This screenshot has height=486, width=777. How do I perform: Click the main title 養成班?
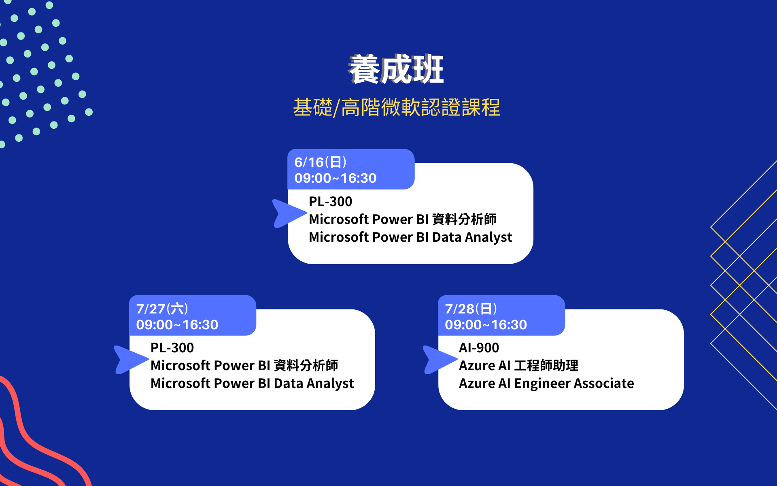396,69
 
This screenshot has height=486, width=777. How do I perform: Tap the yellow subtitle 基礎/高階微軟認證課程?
397,107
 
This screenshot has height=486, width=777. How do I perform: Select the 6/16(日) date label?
321,162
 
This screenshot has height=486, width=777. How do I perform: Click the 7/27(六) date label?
162,309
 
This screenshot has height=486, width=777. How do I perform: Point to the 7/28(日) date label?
471,309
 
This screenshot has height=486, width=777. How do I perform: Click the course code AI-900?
479,347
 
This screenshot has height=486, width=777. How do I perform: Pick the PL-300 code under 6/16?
330,201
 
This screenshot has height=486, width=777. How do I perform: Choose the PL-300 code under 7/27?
172,347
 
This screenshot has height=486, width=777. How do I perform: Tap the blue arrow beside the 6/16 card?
288,213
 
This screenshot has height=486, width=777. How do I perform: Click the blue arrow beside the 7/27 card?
130,360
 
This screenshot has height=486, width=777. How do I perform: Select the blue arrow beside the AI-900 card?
439,360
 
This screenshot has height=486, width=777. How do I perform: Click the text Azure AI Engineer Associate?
546,383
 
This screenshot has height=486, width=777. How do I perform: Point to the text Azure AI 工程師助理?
519,365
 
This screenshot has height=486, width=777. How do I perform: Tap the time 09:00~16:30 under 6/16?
335,178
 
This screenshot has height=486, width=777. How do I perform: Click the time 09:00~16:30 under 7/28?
486,324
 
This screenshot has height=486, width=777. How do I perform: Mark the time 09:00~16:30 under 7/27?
177,324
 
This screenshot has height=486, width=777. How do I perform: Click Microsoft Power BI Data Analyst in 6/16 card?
410,237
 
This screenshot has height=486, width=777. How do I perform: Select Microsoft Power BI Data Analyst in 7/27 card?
252,383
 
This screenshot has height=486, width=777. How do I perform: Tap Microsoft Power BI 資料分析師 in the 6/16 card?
403,219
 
